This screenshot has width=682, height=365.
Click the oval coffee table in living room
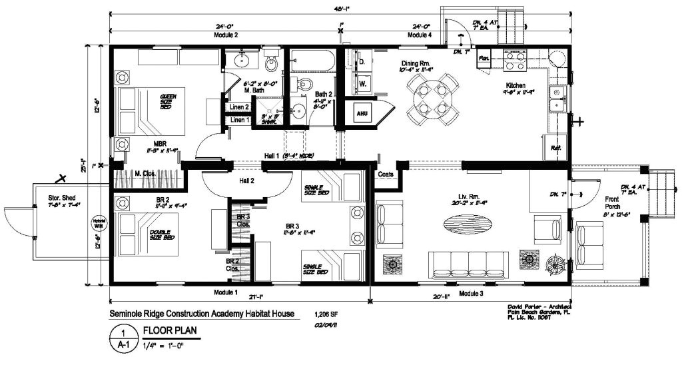[x=470, y=224]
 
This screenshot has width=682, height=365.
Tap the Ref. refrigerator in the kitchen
[x=555, y=147]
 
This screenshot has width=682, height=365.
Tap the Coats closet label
[x=386, y=175]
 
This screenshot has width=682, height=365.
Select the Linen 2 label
[x=239, y=107]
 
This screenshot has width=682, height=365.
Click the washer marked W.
[x=363, y=84]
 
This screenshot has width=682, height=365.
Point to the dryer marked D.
[x=363, y=63]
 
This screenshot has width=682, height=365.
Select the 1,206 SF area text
[x=327, y=314]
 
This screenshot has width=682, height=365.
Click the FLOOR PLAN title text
[x=167, y=330]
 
